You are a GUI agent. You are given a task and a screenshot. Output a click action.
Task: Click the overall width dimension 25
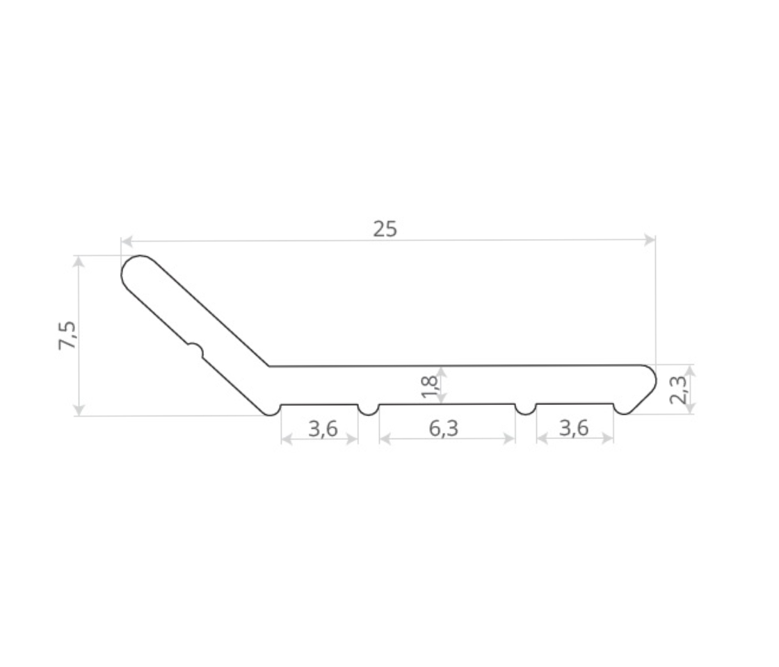385,229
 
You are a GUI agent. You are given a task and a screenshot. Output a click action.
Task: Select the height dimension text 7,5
67,336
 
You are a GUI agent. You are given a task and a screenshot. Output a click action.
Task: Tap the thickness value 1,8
429,386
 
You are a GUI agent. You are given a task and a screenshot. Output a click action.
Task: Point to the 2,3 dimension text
678,390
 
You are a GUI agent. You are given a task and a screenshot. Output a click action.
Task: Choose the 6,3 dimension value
444,428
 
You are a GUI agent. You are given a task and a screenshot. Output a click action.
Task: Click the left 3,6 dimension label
323,428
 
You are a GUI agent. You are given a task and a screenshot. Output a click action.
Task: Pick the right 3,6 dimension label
574,427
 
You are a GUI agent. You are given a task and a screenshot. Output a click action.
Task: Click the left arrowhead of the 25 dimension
127,242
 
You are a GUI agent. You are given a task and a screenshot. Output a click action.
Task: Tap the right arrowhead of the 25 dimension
650,240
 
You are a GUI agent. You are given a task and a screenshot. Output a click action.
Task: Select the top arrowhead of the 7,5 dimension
79,261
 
